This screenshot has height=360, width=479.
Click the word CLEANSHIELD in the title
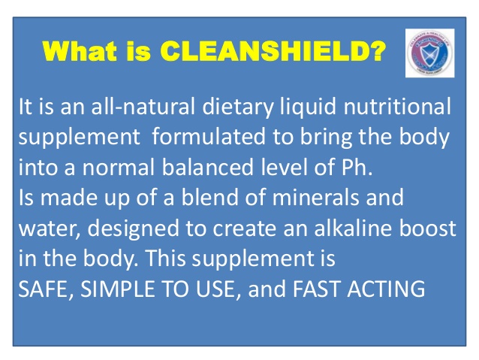pyautogui.click(x=274, y=53)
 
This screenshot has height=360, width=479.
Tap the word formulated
pyautogui.click(x=203, y=139)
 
